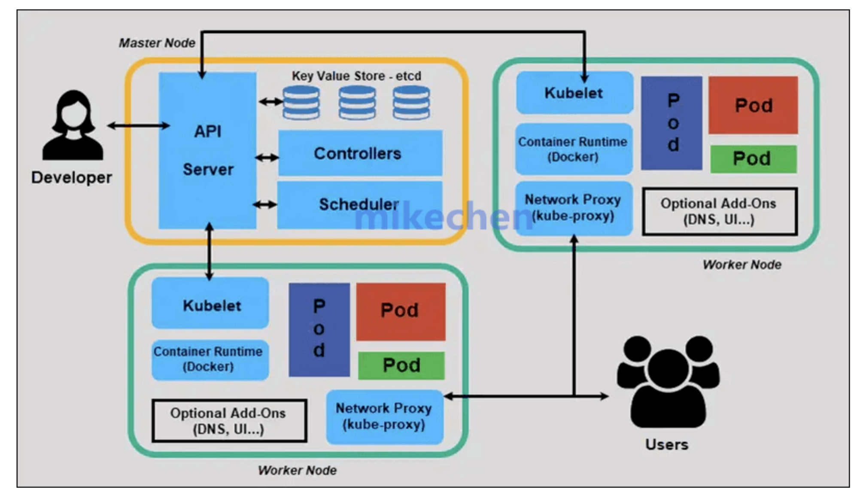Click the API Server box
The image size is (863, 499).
click(207, 150)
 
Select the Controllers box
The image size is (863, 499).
click(360, 153)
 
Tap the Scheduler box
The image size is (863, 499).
click(360, 204)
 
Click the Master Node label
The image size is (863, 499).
click(157, 43)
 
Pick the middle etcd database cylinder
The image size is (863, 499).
click(357, 102)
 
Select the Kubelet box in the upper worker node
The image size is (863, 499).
click(574, 93)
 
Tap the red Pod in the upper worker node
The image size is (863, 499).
click(753, 105)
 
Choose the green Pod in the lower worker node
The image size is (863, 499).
click(401, 365)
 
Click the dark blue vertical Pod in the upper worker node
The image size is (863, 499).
click(672, 123)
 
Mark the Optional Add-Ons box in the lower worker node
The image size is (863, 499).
click(229, 421)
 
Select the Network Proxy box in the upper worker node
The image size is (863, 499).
click(574, 208)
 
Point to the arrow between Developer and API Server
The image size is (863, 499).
click(138, 126)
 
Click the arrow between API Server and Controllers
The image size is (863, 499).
click(267, 158)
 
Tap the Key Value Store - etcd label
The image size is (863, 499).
click(356, 76)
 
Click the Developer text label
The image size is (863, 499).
click(72, 177)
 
